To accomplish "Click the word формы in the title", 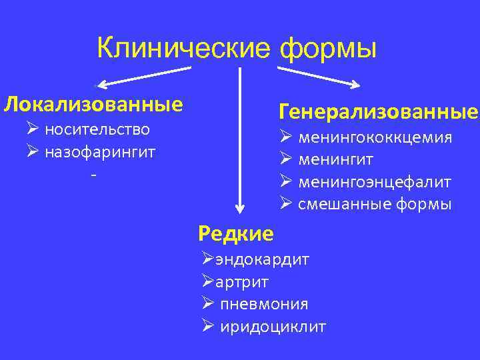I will click(328, 49).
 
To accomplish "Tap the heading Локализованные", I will click(93, 105).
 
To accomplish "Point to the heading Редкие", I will click(236, 233).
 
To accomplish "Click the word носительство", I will click(97, 129).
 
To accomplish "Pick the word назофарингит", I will click(100, 152).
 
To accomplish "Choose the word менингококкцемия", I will click(375, 138).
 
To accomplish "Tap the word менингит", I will click(335, 160).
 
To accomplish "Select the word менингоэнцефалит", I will click(375, 182).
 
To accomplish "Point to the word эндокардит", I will click(262, 259).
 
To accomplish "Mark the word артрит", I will click(242, 282).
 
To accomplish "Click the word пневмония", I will click(264, 304).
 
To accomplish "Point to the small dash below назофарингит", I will click(94, 175).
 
